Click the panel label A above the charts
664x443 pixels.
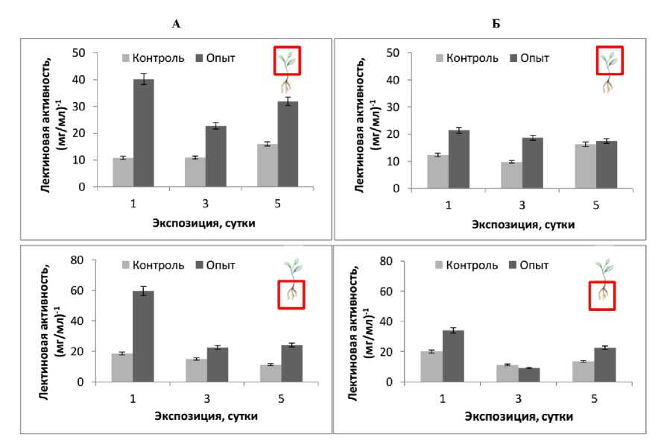[x=176, y=24]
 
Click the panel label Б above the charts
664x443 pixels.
[x=496, y=24]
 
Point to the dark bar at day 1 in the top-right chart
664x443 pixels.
[x=458, y=159]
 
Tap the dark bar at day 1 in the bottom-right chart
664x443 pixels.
[x=455, y=356]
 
